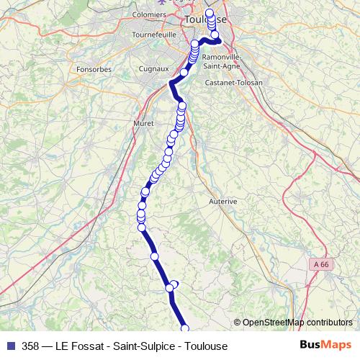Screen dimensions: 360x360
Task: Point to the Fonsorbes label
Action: [x=91, y=70]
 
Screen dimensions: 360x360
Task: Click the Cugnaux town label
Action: [x=153, y=69]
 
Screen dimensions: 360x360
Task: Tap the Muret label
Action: [x=144, y=124]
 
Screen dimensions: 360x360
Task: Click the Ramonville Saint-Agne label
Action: [x=220, y=61]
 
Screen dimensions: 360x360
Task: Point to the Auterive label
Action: [x=222, y=202]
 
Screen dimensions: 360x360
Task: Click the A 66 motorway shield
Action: [x=323, y=265]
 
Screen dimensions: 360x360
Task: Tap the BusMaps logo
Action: [x=325, y=346]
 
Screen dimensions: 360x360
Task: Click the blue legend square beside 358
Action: [x=9, y=346]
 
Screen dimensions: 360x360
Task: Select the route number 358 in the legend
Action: [x=31, y=346]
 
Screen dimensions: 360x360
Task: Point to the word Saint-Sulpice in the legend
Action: [x=143, y=346]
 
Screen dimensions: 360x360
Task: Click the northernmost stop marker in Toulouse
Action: [x=210, y=13]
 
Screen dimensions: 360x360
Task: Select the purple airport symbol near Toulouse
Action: [x=170, y=1]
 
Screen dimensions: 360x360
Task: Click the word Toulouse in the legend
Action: [x=206, y=346]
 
